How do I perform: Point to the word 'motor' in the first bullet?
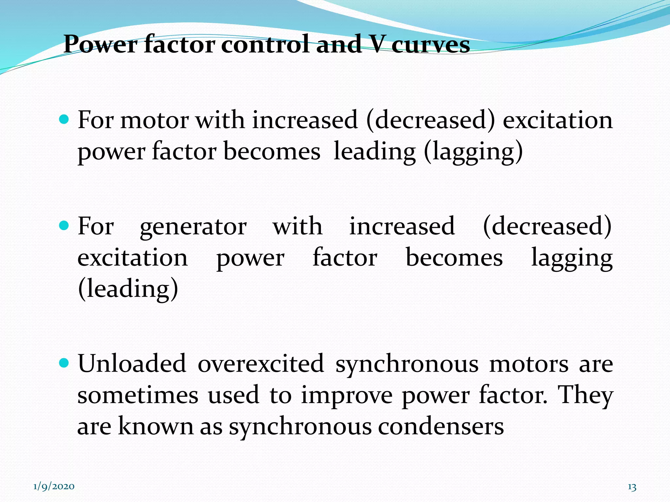[x=154, y=120]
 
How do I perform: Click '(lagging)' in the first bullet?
[x=473, y=152]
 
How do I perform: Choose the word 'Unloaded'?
[x=132, y=363]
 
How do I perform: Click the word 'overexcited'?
[x=261, y=363]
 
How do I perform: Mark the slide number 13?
[x=632, y=487]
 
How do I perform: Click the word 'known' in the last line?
[x=156, y=427]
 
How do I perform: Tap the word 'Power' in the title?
[x=100, y=45]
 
